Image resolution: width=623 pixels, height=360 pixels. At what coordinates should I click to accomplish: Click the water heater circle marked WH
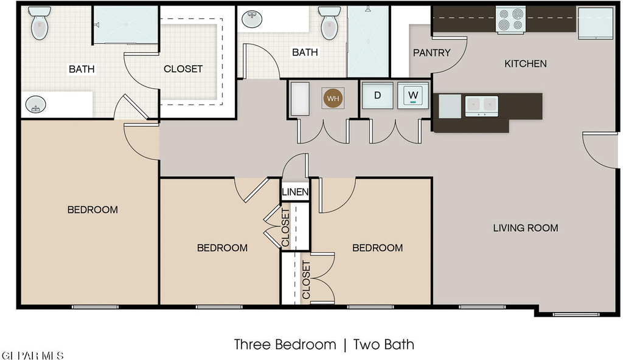point(333,98)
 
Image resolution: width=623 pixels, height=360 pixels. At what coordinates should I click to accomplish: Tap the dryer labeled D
point(377,95)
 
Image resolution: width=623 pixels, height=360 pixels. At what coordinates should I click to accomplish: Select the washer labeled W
point(413,95)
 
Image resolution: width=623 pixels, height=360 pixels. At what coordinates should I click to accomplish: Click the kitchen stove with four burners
point(510,20)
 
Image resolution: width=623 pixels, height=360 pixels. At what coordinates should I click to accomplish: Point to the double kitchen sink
point(482,106)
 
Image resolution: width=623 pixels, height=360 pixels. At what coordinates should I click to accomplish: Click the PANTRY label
point(431,52)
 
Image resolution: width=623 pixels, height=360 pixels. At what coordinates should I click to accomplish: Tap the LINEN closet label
point(295,192)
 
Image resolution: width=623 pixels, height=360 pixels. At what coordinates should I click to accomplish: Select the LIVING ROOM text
point(526,227)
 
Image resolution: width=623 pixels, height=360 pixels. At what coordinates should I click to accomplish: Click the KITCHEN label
point(525,64)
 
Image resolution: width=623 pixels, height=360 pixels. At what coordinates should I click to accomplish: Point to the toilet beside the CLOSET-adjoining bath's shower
point(40,23)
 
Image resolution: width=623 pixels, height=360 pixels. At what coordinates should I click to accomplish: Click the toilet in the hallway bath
point(329,23)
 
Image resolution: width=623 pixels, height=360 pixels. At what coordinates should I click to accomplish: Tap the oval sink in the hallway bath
point(252,19)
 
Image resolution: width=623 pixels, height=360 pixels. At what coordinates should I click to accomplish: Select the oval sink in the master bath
point(36,105)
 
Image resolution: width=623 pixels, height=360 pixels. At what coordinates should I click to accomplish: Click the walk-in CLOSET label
point(183,69)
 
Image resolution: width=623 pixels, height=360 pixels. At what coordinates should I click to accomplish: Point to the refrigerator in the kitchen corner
point(596,23)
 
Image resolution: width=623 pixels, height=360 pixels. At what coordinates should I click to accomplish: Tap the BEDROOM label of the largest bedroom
point(92,209)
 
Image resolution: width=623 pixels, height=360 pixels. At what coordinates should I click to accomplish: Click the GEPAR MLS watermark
point(32,355)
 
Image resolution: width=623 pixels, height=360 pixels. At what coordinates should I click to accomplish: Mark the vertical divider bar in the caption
point(345,345)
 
